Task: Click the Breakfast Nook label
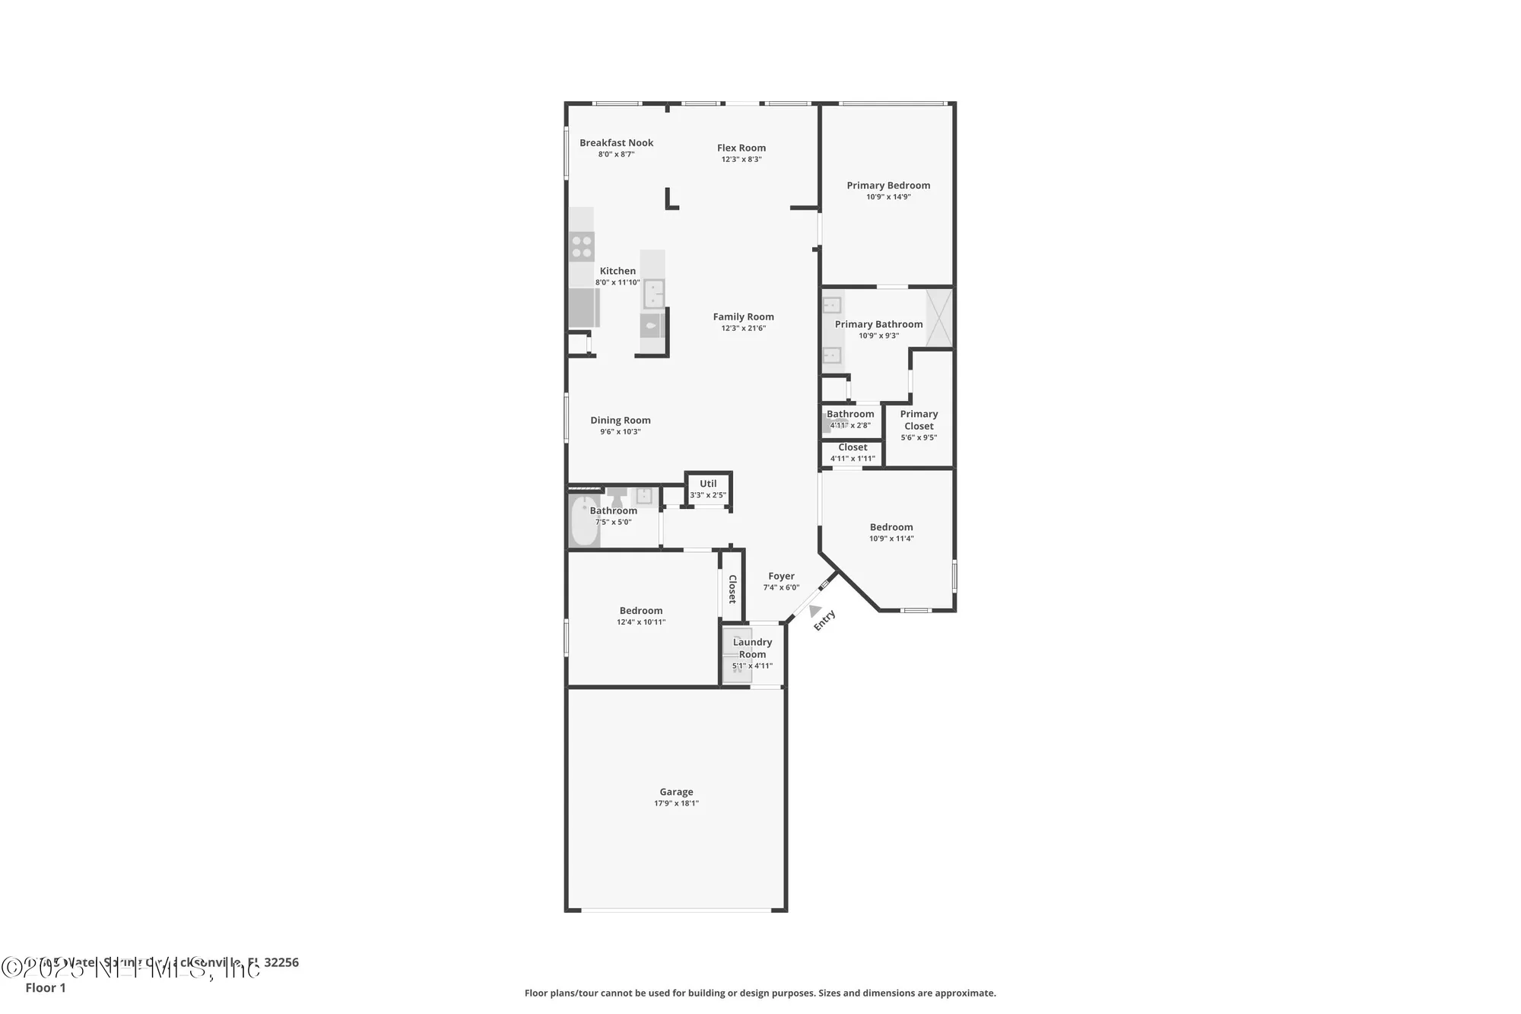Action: click(616, 143)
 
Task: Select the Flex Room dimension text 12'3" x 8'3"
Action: click(741, 160)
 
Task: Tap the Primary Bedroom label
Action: click(888, 186)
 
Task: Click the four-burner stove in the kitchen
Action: click(582, 247)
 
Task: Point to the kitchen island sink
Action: click(653, 293)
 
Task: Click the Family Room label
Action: click(743, 317)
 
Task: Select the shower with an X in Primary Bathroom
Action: click(939, 317)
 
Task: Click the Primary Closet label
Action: click(919, 420)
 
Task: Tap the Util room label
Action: click(708, 484)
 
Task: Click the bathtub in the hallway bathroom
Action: click(584, 520)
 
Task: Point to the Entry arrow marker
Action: click(814, 610)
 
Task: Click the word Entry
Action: click(824, 620)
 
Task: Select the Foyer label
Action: click(781, 577)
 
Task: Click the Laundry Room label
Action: click(752, 648)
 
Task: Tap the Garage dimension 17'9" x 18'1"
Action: click(676, 803)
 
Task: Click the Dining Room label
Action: click(621, 421)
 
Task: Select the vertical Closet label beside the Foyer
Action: click(732, 589)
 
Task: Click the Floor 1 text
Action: click(46, 988)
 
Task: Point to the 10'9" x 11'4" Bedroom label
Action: click(891, 527)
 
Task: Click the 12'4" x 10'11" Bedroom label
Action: click(641, 611)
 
